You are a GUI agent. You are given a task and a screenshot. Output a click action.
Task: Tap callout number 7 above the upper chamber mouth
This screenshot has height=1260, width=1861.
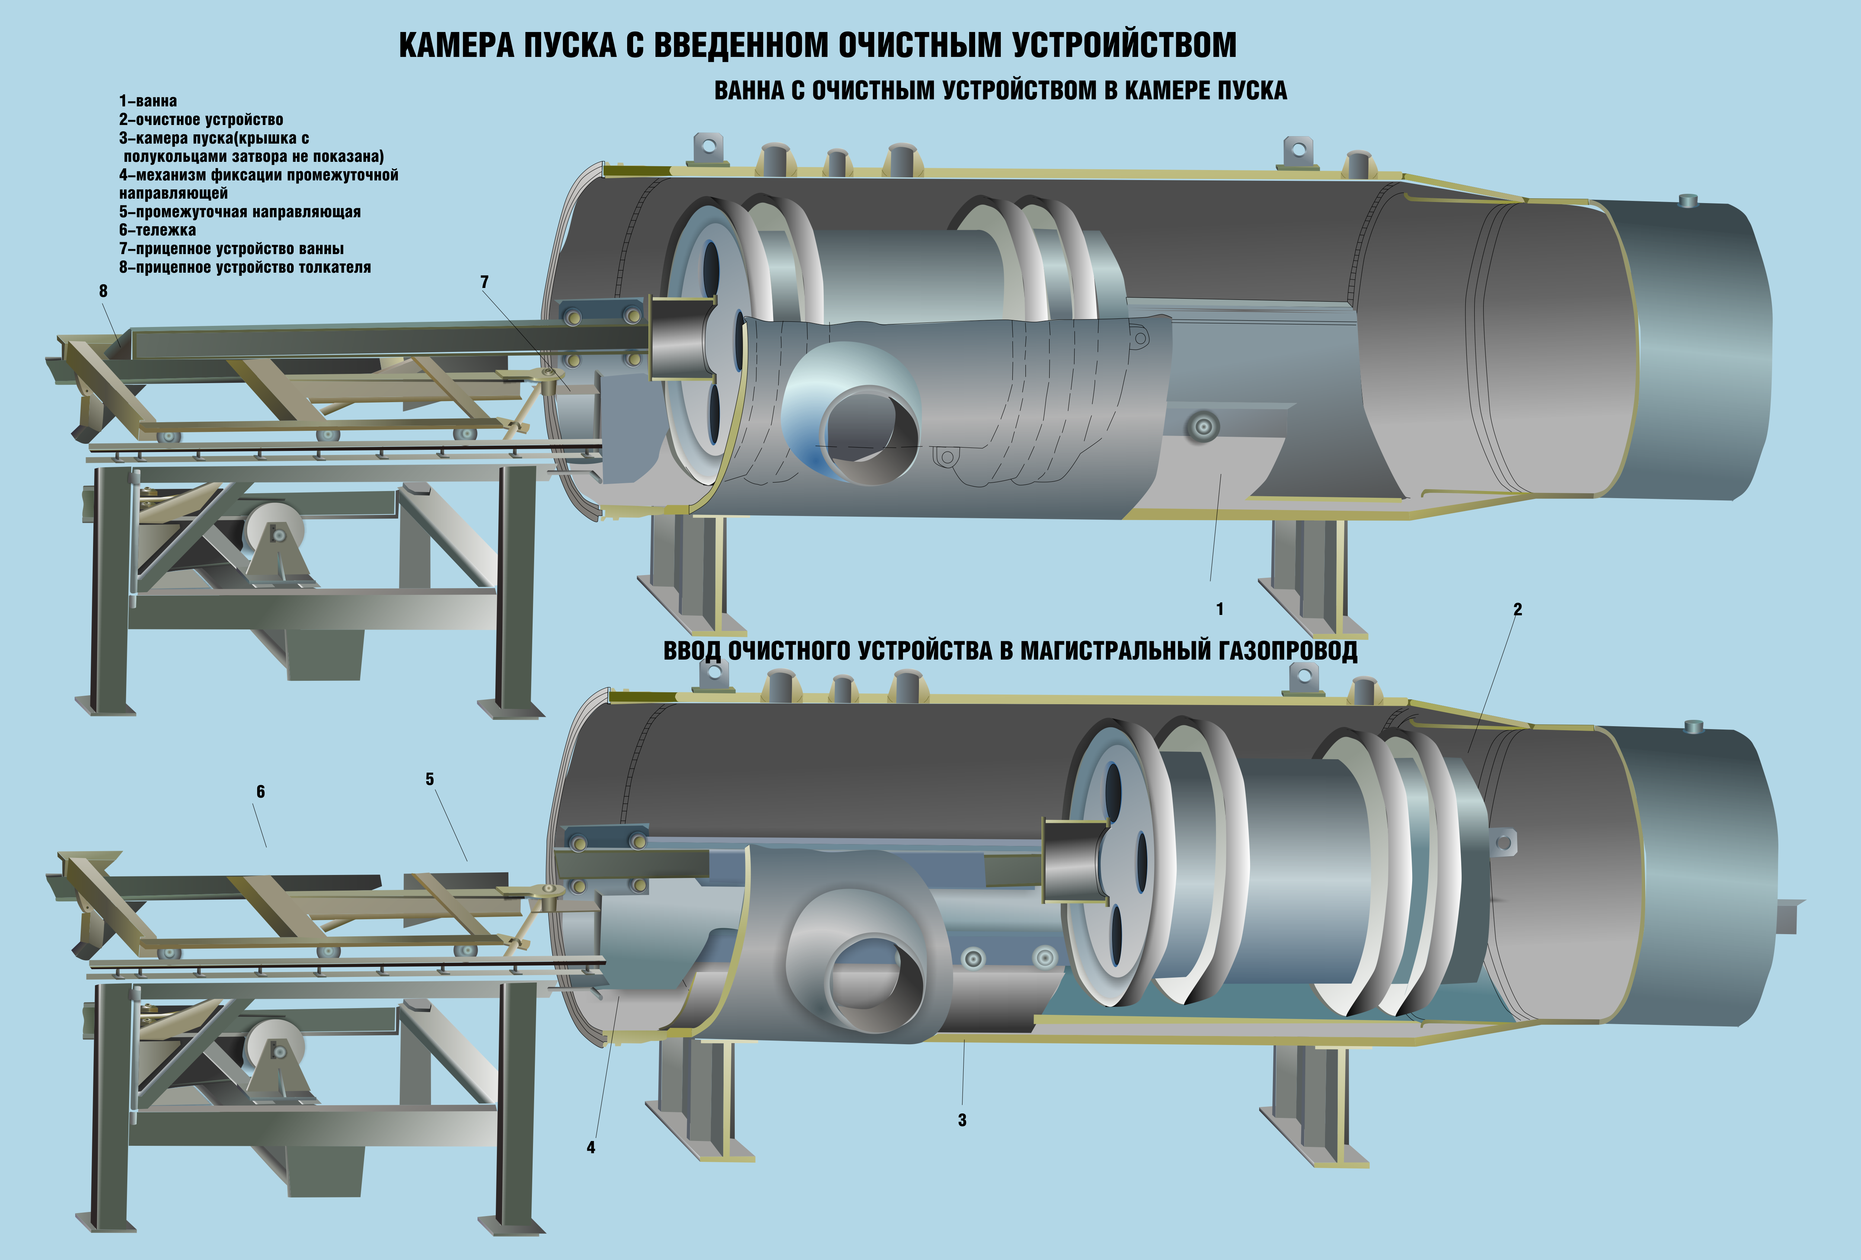485,282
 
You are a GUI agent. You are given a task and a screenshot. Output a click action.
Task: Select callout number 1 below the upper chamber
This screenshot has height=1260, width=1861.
1220,609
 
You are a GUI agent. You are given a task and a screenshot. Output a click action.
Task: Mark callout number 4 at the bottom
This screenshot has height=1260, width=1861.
591,1147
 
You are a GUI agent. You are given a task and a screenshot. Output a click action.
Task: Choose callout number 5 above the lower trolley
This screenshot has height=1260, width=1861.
430,779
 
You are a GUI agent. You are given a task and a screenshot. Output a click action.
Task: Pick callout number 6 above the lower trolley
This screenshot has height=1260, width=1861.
260,792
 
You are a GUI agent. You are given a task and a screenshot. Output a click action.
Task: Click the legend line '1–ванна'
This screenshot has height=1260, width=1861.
148,101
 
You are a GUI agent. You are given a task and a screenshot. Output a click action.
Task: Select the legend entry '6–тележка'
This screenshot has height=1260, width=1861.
158,230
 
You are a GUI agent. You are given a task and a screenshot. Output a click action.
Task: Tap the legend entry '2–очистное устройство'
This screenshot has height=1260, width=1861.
201,119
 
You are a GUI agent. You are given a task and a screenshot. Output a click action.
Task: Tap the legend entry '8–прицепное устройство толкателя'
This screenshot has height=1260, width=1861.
245,267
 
